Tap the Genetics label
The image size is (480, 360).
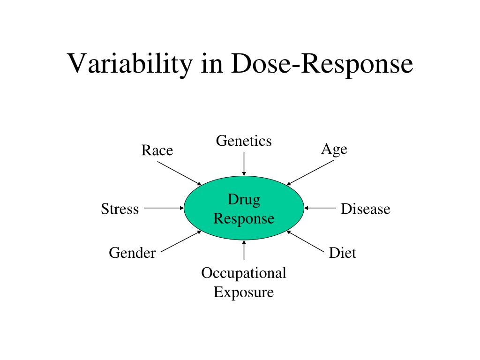pyautogui.click(x=244, y=141)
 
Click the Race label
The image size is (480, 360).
pyautogui.click(x=157, y=150)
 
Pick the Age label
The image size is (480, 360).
pyautogui.click(x=334, y=150)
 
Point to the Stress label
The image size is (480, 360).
pyautogui.click(x=120, y=209)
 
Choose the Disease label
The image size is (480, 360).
pyautogui.click(x=365, y=209)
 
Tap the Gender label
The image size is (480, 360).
pyautogui.click(x=132, y=253)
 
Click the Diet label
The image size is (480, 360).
pyautogui.click(x=343, y=253)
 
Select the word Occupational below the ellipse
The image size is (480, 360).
pyautogui.click(x=244, y=273)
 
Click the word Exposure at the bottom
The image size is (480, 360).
pyautogui.click(x=244, y=292)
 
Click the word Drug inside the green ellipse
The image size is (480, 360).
pyautogui.click(x=244, y=200)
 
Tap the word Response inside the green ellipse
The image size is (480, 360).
pyautogui.click(x=244, y=218)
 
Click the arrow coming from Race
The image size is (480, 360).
pyautogui.click(x=179, y=173)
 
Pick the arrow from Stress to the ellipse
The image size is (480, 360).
pyautogui.click(x=164, y=208)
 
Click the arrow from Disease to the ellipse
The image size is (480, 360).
pyautogui.click(x=321, y=208)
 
